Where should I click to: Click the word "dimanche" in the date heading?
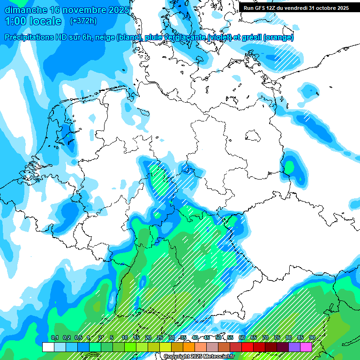[x=25, y=10]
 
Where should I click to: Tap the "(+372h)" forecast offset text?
[x=83, y=21]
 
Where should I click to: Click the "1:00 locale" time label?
[x=33, y=21]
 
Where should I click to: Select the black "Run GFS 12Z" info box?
[x=296, y=8]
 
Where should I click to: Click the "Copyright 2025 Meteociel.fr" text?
[x=199, y=357]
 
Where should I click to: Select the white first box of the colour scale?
[x=48, y=347]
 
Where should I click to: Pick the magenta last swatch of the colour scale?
[x=306, y=347]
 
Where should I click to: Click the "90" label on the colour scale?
[x=312, y=337]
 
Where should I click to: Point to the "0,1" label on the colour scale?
[x=54, y=337]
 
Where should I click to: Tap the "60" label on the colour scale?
[x=241, y=337]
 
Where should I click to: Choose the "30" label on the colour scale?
[x=171, y=337]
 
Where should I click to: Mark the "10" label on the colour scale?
[x=124, y=337]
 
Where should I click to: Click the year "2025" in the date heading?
[x=115, y=10]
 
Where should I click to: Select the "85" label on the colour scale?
[x=300, y=337]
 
